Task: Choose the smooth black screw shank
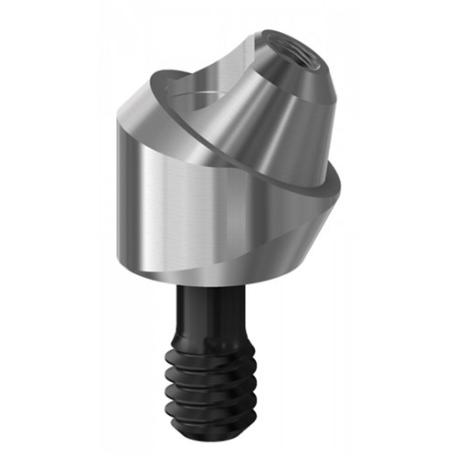[x=219, y=311]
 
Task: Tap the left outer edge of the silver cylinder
[x=120, y=183]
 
